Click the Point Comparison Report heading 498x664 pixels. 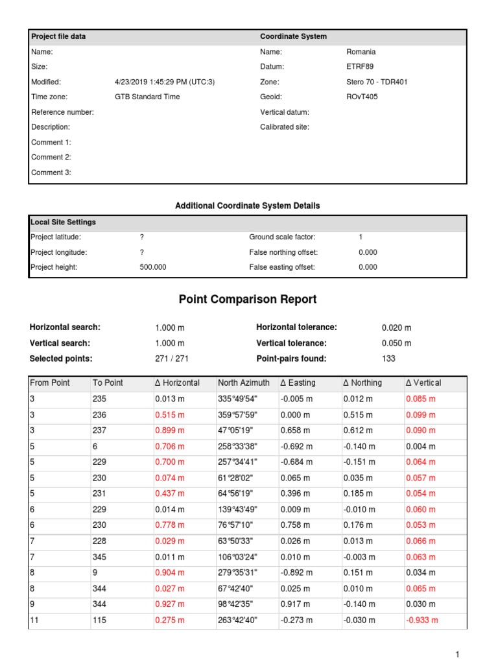pyautogui.click(x=248, y=300)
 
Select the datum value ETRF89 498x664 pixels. pyautogui.click(x=360, y=67)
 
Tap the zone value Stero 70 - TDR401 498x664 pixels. pyautogui.click(x=377, y=82)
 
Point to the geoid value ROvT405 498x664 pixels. pyautogui.click(x=362, y=97)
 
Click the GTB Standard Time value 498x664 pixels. pyautogui.click(x=147, y=97)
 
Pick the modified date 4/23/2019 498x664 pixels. pyautogui.click(x=165, y=82)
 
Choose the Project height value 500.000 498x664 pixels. pyautogui.click(x=153, y=267)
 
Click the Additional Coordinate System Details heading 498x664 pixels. pyautogui.click(x=248, y=206)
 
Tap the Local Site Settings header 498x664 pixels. pyautogui.click(x=63, y=222)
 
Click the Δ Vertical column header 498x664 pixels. pyautogui.click(x=421, y=383)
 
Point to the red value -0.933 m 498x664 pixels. pyautogui.click(x=422, y=621)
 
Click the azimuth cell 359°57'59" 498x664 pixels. pyautogui.click(x=238, y=415)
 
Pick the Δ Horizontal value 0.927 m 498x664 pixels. pyautogui.click(x=169, y=604)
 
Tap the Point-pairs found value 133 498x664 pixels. pyautogui.click(x=388, y=359)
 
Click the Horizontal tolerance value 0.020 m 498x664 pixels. pyautogui.click(x=396, y=328)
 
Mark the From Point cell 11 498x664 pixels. pyautogui.click(x=35, y=621)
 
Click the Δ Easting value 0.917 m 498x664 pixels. pyautogui.click(x=296, y=604)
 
